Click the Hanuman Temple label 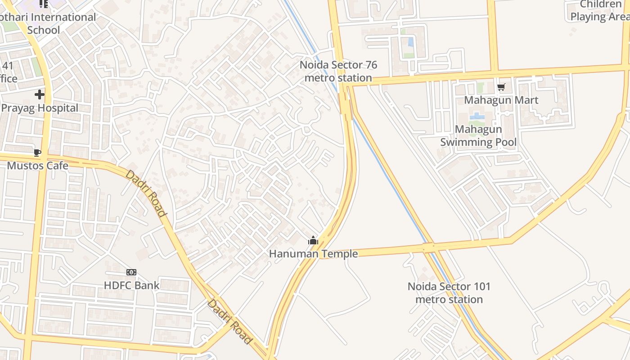pos(313,254)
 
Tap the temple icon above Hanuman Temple pos(313,241)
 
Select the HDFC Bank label pos(131,285)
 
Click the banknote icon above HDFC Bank pos(131,272)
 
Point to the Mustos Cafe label pos(38,166)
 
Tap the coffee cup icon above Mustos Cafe pos(37,153)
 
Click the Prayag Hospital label pos(40,108)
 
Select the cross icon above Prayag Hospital pos(40,94)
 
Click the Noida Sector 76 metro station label pos(338,71)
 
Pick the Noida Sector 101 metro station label pos(449,293)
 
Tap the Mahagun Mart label pos(501,100)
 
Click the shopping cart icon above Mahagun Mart pos(501,87)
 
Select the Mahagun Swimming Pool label pos(478,136)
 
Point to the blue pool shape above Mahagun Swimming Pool pos(477,117)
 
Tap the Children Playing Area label pos(599,11)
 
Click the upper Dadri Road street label pos(146,193)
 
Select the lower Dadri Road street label pos(229,321)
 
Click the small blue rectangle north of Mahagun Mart pos(411,42)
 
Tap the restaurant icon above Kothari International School pos(43,4)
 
